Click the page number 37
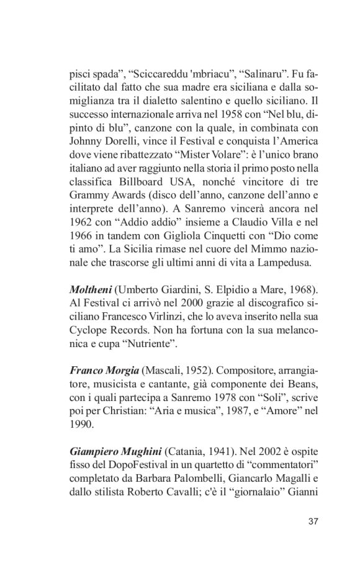click(312, 520)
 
